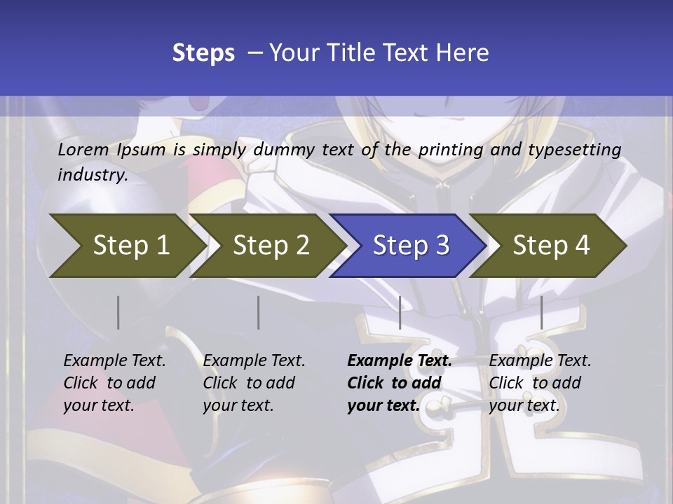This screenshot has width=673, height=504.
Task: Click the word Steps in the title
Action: [x=203, y=53]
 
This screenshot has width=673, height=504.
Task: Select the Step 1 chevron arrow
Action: [x=126, y=245]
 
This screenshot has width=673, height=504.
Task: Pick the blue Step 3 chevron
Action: [x=409, y=245]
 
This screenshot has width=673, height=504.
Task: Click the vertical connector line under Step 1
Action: [x=118, y=312]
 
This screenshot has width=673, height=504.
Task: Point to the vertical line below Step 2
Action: [x=259, y=312]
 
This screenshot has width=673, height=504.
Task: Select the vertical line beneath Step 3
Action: [x=400, y=312]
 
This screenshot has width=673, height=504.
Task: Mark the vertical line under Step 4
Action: [x=541, y=312]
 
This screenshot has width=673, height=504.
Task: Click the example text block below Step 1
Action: [x=114, y=383]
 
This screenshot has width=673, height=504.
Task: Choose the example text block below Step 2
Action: [x=254, y=383]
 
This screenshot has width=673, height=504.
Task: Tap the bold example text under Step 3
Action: [x=399, y=383]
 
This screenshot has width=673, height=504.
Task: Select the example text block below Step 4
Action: [x=540, y=383]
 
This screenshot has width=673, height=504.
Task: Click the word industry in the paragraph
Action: [x=92, y=174]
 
